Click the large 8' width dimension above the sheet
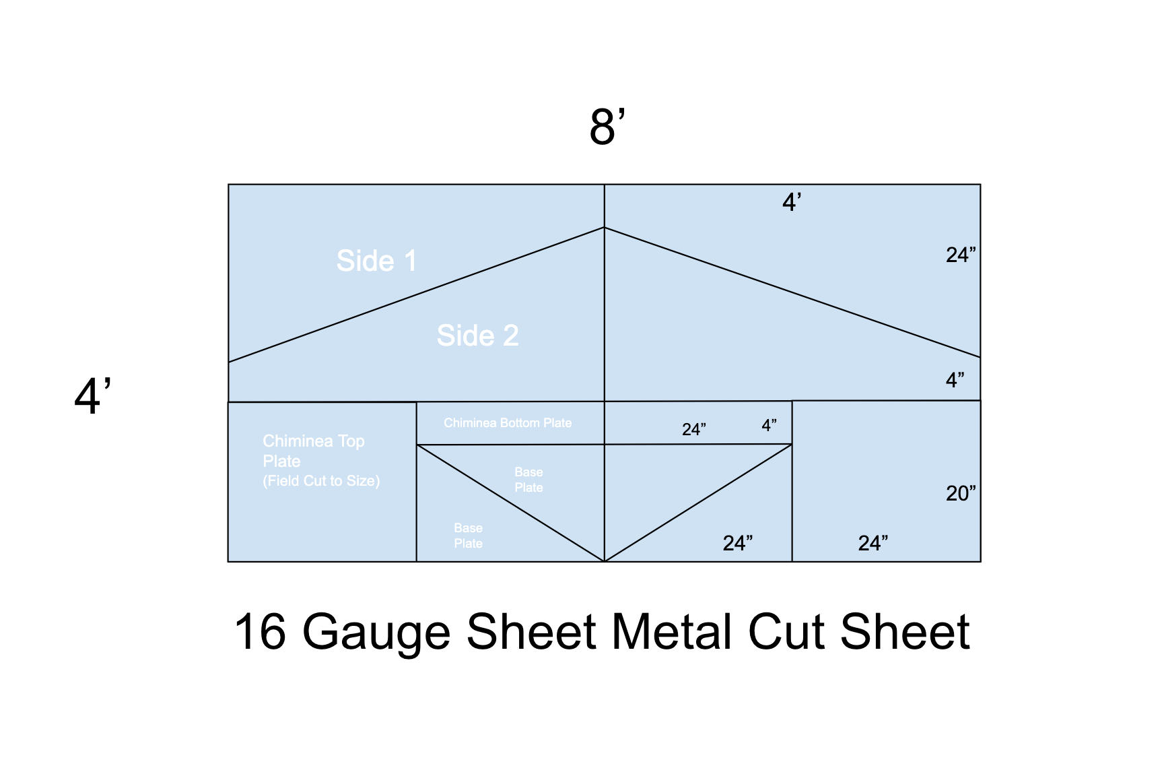click(607, 126)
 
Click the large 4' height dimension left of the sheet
click(93, 395)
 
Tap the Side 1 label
click(376, 261)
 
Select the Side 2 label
click(477, 336)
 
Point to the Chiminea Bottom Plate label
click(508, 423)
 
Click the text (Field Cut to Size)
click(321, 481)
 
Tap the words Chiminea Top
click(314, 441)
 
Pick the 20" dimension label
click(961, 493)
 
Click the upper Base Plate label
click(528, 480)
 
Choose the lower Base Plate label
click(468, 536)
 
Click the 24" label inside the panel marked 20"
click(873, 543)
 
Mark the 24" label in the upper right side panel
click(961, 255)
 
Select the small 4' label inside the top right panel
click(792, 202)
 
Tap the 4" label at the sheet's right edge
click(955, 380)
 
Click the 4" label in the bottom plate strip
click(769, 425)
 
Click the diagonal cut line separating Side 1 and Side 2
click(417, 295)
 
